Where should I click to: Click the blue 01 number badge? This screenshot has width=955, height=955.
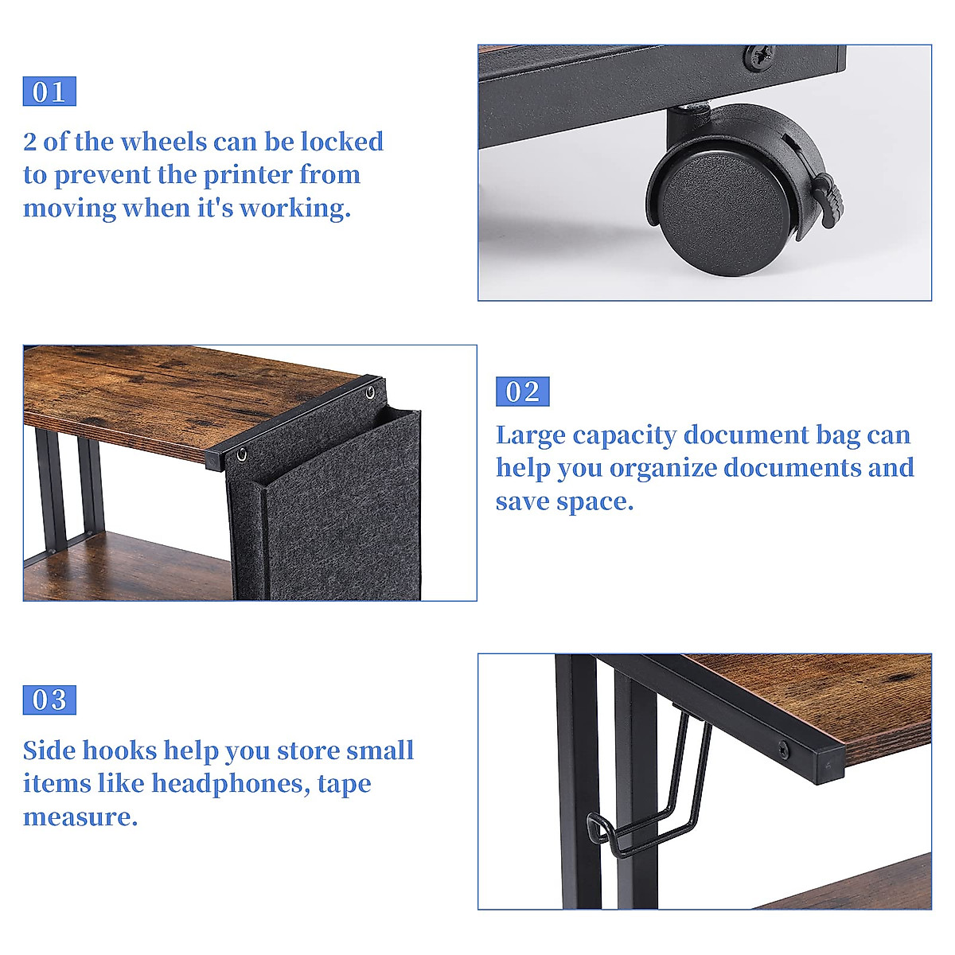tap(49, 92)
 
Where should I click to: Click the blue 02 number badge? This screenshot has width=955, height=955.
tap(522, 392)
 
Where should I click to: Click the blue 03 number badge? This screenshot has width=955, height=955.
tap(49, 700)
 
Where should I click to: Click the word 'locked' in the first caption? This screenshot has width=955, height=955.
tap(342, 142)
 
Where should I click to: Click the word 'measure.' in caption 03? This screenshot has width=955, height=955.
tap(80, 817)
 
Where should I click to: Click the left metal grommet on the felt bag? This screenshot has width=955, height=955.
tap(240, 455)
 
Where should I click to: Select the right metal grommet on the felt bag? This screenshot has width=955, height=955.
tap(370, 393)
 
